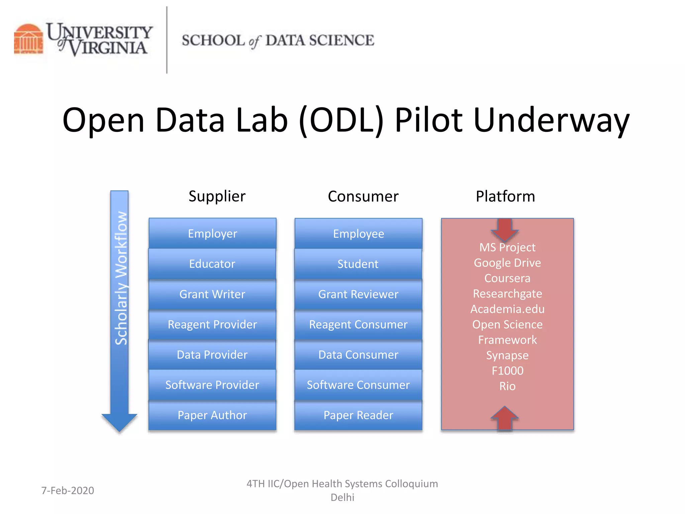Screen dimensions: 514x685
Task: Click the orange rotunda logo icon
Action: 28,39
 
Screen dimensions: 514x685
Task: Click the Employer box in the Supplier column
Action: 212,233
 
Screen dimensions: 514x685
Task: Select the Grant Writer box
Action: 212,294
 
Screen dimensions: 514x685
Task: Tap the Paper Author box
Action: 212,415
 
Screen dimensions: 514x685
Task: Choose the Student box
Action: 358,264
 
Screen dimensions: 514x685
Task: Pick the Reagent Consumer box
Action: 358,324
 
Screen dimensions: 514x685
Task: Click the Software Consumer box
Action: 358,385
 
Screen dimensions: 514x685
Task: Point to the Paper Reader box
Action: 358,415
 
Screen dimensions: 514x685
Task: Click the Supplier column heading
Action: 217,196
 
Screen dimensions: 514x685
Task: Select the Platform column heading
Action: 505,196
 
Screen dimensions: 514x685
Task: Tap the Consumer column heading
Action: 363,196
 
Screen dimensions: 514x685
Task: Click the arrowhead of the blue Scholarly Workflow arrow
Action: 119,422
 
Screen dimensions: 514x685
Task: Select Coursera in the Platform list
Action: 507,278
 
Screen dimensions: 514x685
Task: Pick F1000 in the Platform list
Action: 507,370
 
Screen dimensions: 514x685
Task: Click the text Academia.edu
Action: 507,309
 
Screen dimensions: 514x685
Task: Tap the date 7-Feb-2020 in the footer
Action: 68,490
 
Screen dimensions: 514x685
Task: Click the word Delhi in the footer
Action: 342,497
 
